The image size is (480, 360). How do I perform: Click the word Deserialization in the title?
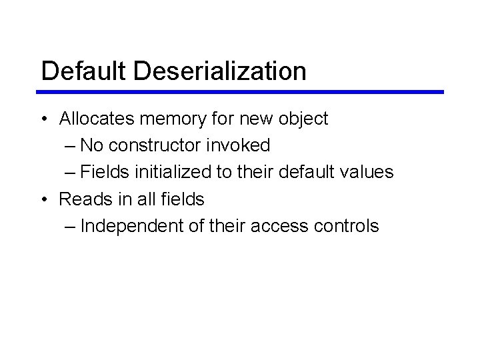click(x=220, y=71)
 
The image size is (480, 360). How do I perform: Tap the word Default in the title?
click(x=83, y=71)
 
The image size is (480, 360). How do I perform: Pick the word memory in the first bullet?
click(x=175, y=120)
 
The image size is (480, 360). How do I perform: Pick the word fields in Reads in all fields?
click(x=181, y=199)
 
